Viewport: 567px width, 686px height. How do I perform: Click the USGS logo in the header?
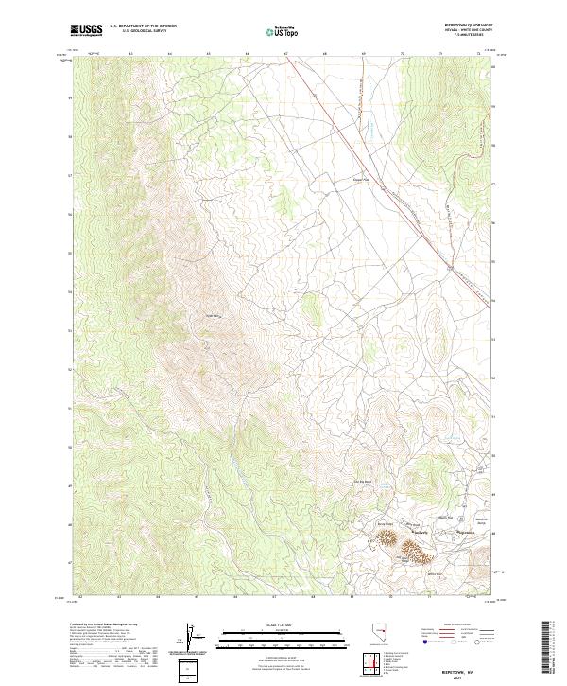click(86, 30)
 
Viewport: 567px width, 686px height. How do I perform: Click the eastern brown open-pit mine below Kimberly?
click(415, 547)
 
